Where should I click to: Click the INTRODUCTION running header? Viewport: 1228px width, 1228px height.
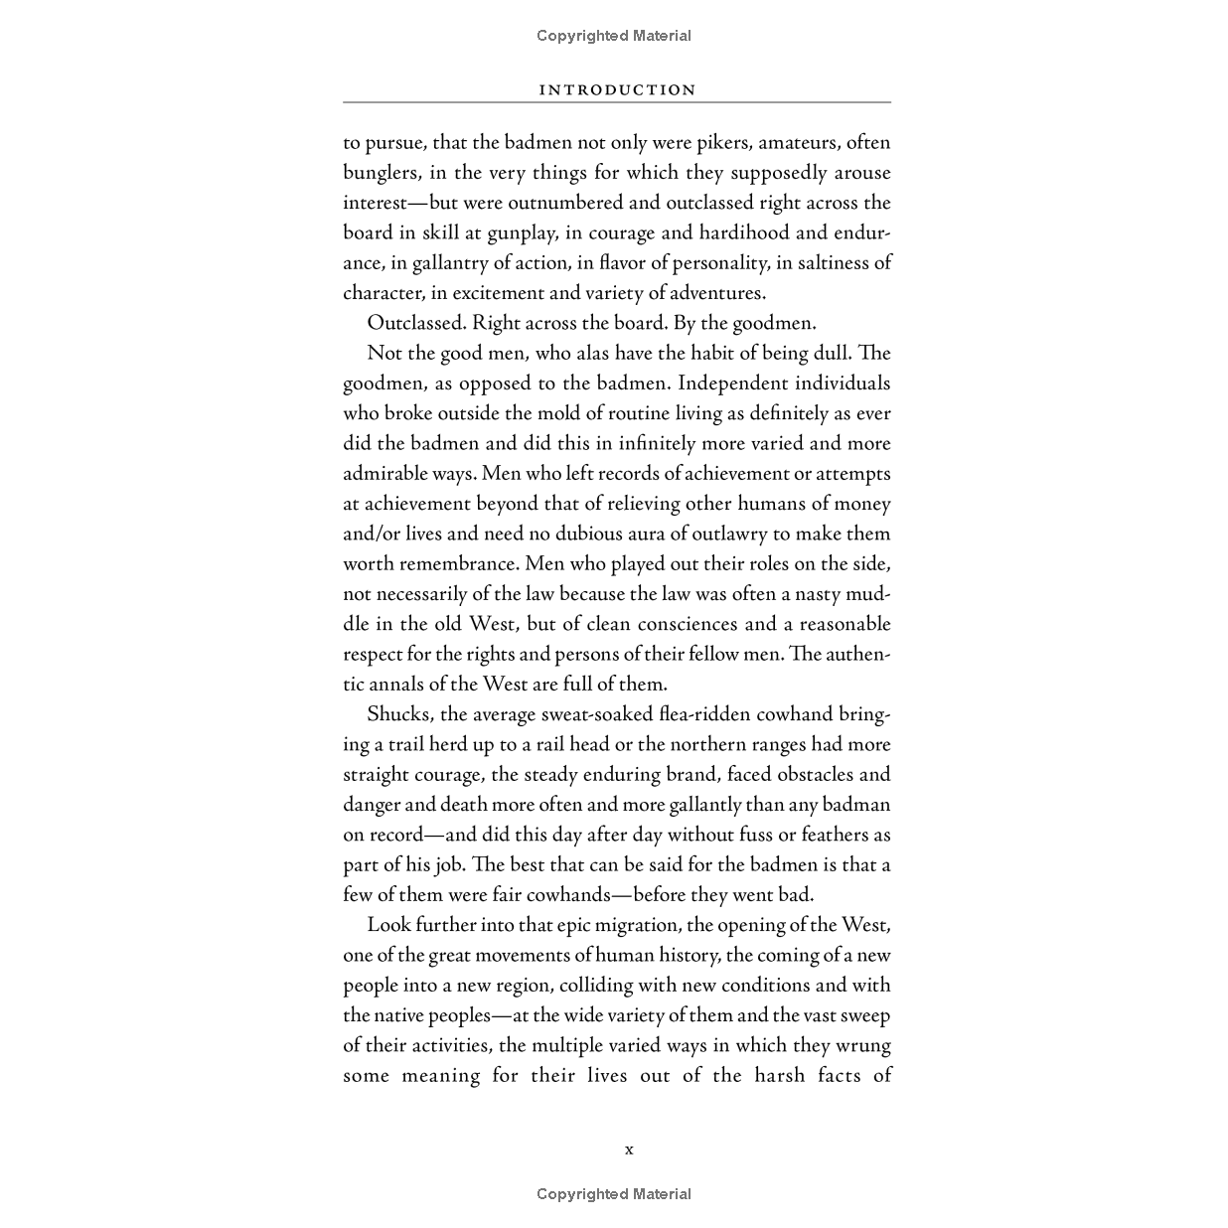coord(617,89)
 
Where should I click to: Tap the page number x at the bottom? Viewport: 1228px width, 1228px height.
coord(629,1150)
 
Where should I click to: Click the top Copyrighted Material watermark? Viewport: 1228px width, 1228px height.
coord(614,36)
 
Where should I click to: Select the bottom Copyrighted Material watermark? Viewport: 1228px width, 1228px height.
coord(614,1194)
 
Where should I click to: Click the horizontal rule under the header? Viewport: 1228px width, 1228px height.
coord(617,102)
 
